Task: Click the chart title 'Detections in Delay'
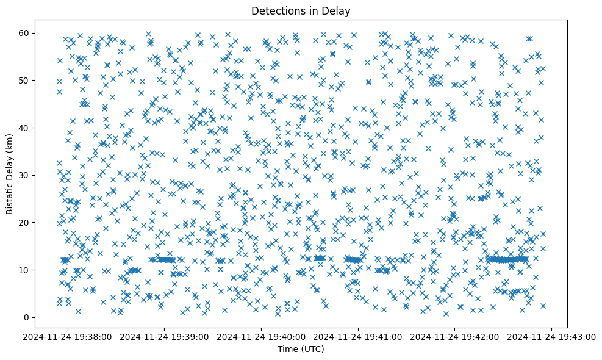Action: pos(301,10)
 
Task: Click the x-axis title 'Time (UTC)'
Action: pos(301,349)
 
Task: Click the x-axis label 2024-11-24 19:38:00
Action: pos(68,336)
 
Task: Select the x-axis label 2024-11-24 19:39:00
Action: pos(165,336)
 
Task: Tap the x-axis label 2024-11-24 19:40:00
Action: pos(262,336)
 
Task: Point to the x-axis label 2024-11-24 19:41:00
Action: pos(359,336)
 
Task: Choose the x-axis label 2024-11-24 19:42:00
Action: pos(456,336)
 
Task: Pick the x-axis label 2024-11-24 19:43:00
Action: pos(553,336)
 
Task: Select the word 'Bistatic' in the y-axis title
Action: pos(10,194)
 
